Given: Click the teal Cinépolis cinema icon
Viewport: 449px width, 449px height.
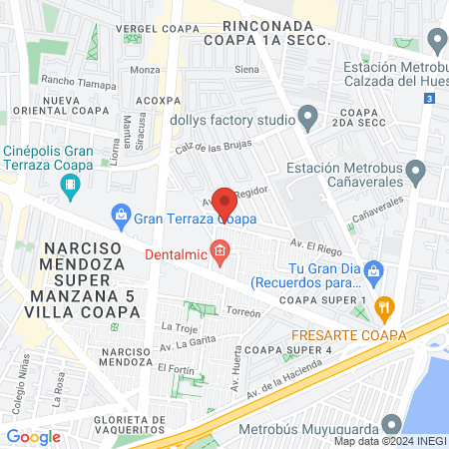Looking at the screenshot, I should pos(70,185).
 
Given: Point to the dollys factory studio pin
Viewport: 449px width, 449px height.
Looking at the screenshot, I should pos(308,120).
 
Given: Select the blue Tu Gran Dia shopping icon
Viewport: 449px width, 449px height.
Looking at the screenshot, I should pos(375,269).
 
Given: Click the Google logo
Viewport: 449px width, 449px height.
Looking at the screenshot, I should pos(33,436).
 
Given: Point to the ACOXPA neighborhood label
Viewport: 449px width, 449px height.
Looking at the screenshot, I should pos(158,101).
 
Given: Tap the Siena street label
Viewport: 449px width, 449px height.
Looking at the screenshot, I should pos(245,70).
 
